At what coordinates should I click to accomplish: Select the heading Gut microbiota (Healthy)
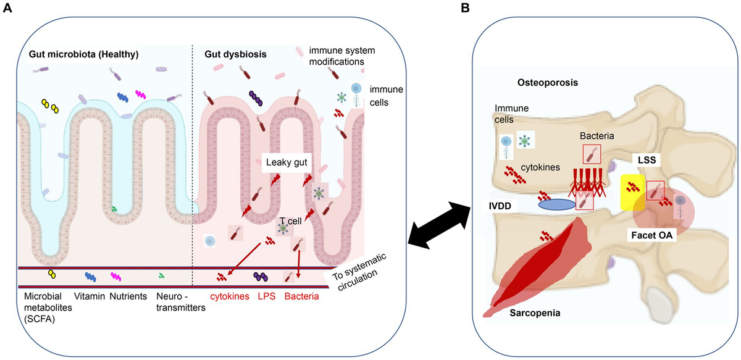point(83,54)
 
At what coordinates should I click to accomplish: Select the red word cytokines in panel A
point(230,296)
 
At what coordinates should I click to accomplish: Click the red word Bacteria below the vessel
point(301,296)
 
